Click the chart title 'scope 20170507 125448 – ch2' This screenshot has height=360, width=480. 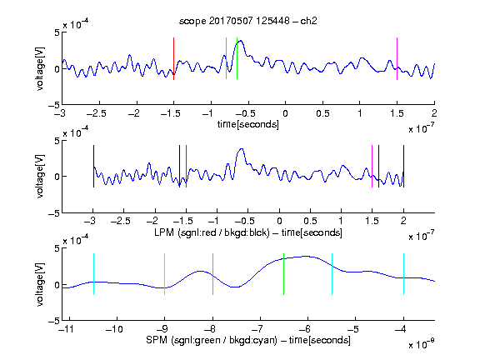click(248, 21)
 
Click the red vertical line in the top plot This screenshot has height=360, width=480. click(173, 59)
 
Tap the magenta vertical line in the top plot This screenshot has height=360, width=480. click(397, 59)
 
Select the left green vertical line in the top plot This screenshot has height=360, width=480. click(226, 58)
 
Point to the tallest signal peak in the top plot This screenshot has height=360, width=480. click(241, 41)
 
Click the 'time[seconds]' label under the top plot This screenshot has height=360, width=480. click(248, 124)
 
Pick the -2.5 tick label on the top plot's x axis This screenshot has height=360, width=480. click(97, 113)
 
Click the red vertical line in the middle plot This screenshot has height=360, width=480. click(186, 166)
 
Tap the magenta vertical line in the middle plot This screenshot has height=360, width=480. click(372, 166)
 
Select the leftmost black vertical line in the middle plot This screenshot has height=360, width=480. click(93, 166)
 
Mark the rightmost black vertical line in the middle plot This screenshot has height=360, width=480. click(404, 166)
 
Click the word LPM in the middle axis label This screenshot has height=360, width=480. click(164, 232)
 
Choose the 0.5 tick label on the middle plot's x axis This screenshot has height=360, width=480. click(310, 221)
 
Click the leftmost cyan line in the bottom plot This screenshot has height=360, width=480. click(93, 274)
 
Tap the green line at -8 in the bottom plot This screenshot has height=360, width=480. click(212, 274)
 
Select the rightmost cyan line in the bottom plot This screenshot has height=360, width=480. click(404, 274)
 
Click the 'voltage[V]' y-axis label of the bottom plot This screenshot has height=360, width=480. click(40, 284)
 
